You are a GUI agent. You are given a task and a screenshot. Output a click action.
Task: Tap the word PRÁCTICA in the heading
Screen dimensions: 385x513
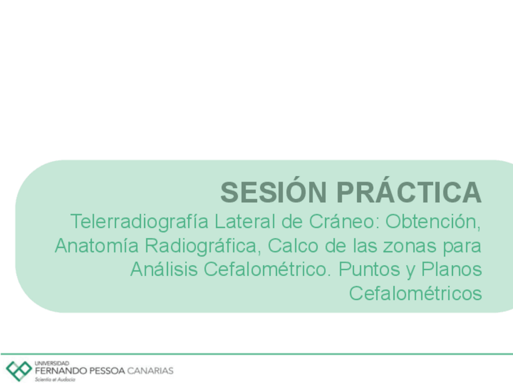(409, 192)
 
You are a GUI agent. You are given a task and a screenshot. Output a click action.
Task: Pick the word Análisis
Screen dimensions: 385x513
(164, 269)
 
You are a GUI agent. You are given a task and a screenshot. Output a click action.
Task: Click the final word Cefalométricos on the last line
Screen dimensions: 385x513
(416, 294)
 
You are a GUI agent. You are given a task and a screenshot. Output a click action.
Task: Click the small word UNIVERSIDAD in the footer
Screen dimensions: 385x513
(52, 362)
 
